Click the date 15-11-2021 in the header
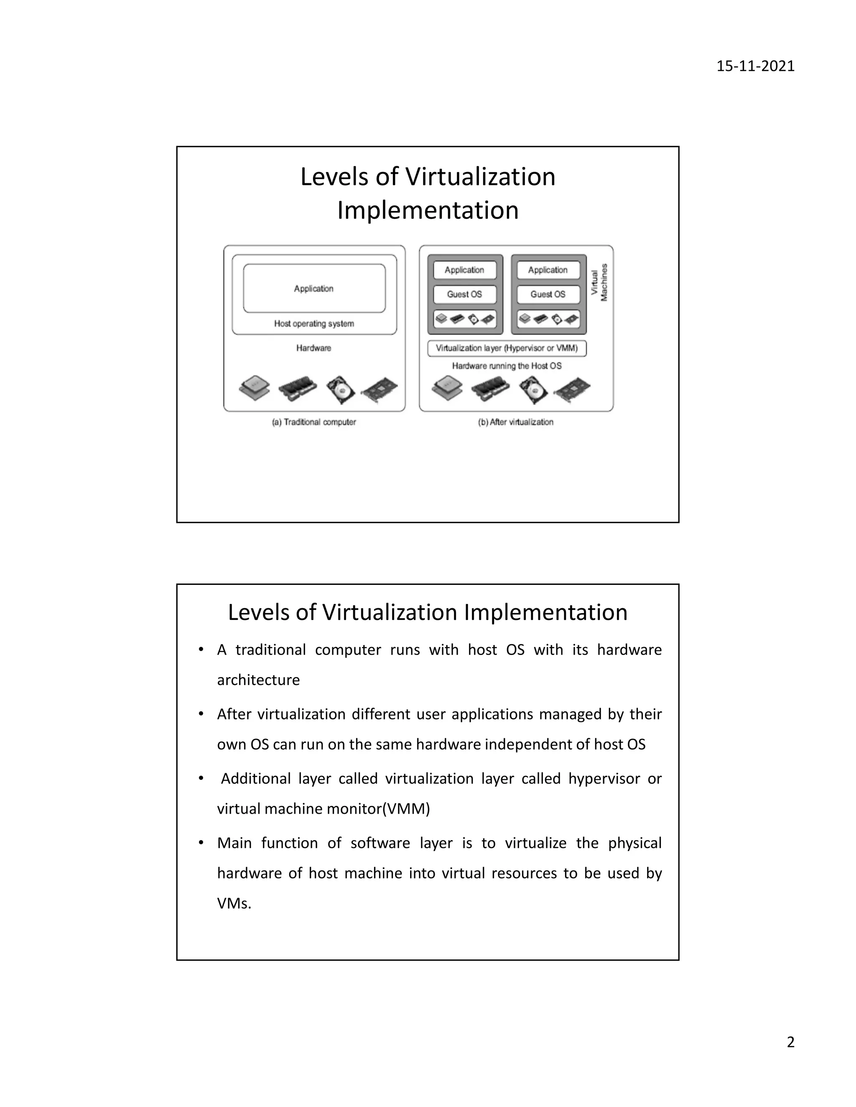click(755, 66)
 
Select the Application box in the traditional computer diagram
click(314, 288)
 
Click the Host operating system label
click(314, 323)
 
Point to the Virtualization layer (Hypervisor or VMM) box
click(507, 348)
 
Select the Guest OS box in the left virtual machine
click(464, 294)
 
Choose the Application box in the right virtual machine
click(548, 270)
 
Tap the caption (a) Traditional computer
click(314, 422)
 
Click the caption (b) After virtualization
click(516, 422)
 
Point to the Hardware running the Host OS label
click(507, 366)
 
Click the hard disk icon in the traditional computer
click(340, 390)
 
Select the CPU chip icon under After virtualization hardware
click(447, 388)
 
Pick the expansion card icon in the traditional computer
click(380, 390)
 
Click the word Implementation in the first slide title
click(428, 211)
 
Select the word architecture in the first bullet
click(258, 680)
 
